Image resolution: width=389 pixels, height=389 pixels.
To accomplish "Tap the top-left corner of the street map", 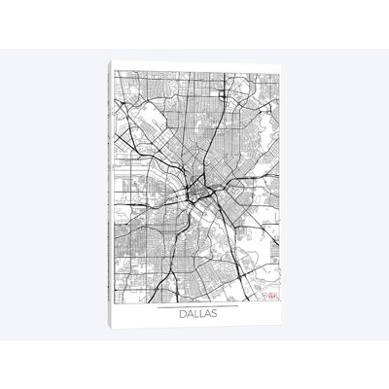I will pyautogui.click(x=115, y=71).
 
